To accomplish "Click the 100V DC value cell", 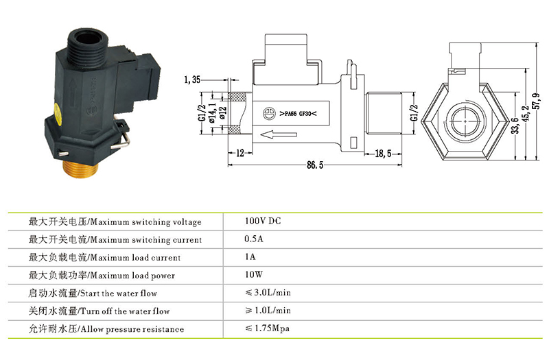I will [263, 222].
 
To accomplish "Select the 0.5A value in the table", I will [254, 240].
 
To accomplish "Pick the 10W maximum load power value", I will [253, 276].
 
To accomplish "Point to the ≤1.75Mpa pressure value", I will [267, 329].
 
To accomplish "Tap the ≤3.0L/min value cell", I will [268, 293].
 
